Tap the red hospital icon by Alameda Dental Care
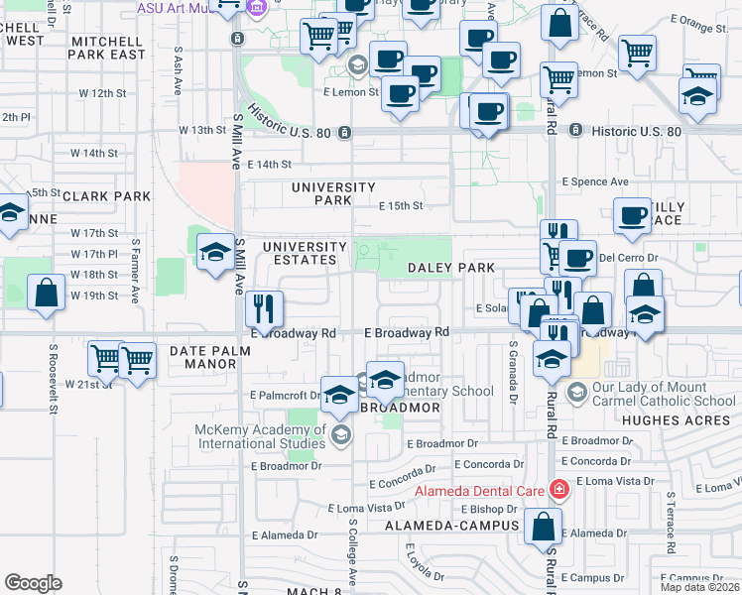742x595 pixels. click(558, 489)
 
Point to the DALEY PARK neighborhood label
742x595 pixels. click(451, 269)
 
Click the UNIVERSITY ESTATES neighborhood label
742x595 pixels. click(305, 253)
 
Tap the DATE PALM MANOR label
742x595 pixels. click(203, 357)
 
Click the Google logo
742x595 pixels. click(33, 583)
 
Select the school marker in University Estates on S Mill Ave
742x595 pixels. click(214, 252)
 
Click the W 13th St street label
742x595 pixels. click(202, 130)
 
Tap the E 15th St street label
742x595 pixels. click(402, 206)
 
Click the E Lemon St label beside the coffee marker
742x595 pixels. click(351, 92)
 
